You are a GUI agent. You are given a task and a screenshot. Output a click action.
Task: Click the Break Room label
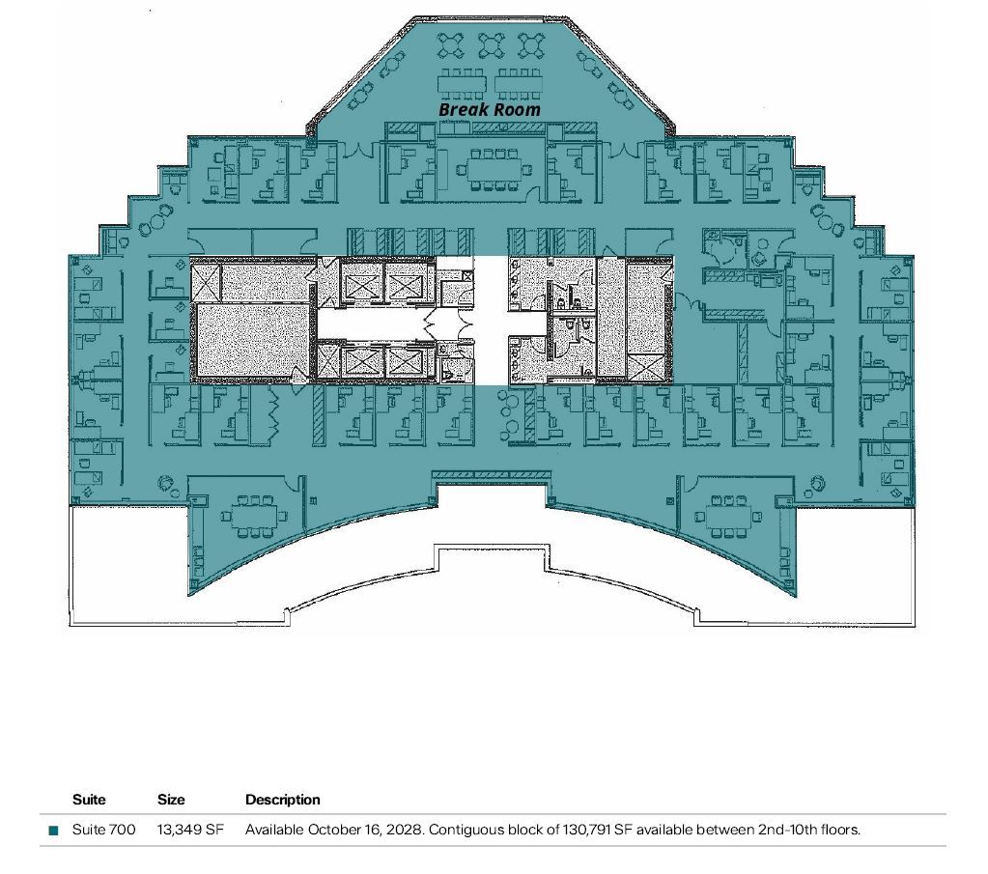pyautogui.click(x=490, y=109)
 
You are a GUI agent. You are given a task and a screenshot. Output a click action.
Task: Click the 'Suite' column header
pyautogui.click(x=89, y=800)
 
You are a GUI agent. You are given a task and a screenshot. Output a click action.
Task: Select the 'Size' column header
pyautogui.click(x=171, y=800)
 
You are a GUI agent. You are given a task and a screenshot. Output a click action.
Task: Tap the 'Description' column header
pyautogui.click(x=282, y=800)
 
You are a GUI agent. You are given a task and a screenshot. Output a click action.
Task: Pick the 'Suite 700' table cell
pyautogui.click(x=104, y=830)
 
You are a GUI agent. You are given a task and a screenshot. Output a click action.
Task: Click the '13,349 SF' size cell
pyautogui.click(x=190, y=830)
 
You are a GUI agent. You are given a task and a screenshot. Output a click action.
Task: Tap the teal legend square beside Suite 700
pyautogui.click(x=53, y=830)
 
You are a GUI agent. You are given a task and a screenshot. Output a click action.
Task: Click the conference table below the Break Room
pyautogui.click(x=494, y=169)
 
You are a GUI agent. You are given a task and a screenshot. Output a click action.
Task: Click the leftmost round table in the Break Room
pyautogui.click(x=451, y=44)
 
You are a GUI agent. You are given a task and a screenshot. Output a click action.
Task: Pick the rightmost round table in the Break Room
pyautogui.click(x=531, y=44)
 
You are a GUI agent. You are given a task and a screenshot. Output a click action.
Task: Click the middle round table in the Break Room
pyautogui.click(x=491, y=44)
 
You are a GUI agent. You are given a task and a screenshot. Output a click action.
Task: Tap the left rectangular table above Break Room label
pyautogui.click(x=463, y=84)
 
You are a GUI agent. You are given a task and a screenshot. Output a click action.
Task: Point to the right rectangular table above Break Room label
pyautogui.click(x=518, y=84)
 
